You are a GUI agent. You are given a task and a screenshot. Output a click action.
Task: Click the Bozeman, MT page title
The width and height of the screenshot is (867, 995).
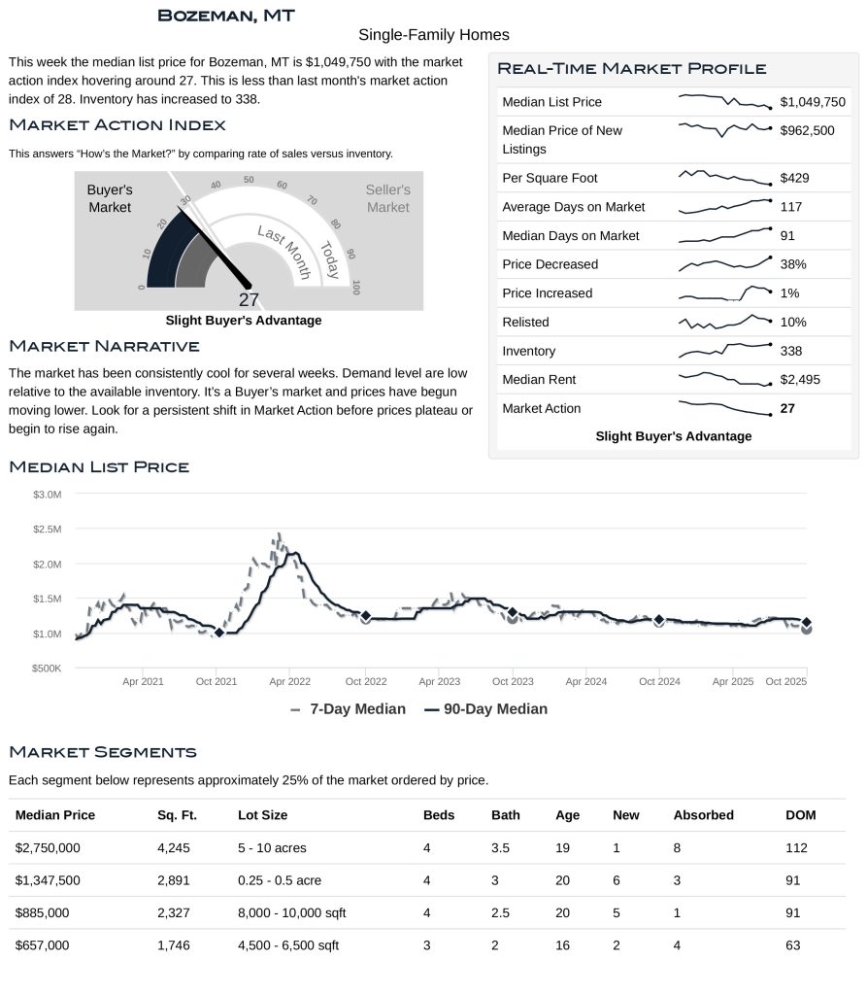(x=225, y=16)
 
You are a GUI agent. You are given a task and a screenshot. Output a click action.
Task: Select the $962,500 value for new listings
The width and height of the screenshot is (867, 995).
(x=807, y=130)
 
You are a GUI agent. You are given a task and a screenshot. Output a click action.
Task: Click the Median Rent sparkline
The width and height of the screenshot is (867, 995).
(x=724, y=379)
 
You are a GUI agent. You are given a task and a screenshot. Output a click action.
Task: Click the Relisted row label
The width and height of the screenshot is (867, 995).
(x=525, y=322)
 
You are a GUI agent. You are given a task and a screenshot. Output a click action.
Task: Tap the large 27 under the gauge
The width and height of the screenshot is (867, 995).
(x=249, y=299)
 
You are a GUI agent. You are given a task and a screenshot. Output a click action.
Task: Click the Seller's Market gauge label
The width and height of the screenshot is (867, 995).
(x=387, y=198)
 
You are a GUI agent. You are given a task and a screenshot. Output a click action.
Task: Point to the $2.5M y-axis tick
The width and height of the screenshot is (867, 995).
(x=48, y=530)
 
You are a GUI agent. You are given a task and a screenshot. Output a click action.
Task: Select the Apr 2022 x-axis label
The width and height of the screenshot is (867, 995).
(x=290, y=682)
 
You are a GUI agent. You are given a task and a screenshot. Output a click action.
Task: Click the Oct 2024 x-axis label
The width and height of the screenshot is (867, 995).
(x=659, y=682)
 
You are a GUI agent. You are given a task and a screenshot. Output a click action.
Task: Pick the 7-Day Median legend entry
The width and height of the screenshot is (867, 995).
(x=348, y=709)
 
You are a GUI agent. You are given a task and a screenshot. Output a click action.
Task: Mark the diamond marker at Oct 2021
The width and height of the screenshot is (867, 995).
(x=218, y=633)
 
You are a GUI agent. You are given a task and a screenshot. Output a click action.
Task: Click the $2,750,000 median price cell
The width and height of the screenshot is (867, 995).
(x=48, y=848)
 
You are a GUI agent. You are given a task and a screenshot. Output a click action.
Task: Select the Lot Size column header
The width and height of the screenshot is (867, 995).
(x=262, y=815)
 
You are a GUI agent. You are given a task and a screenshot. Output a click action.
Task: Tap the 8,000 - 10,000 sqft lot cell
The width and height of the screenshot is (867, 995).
(x=291, y=913)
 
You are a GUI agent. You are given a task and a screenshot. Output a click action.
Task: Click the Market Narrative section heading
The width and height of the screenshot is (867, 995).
(x=104, y=347)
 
